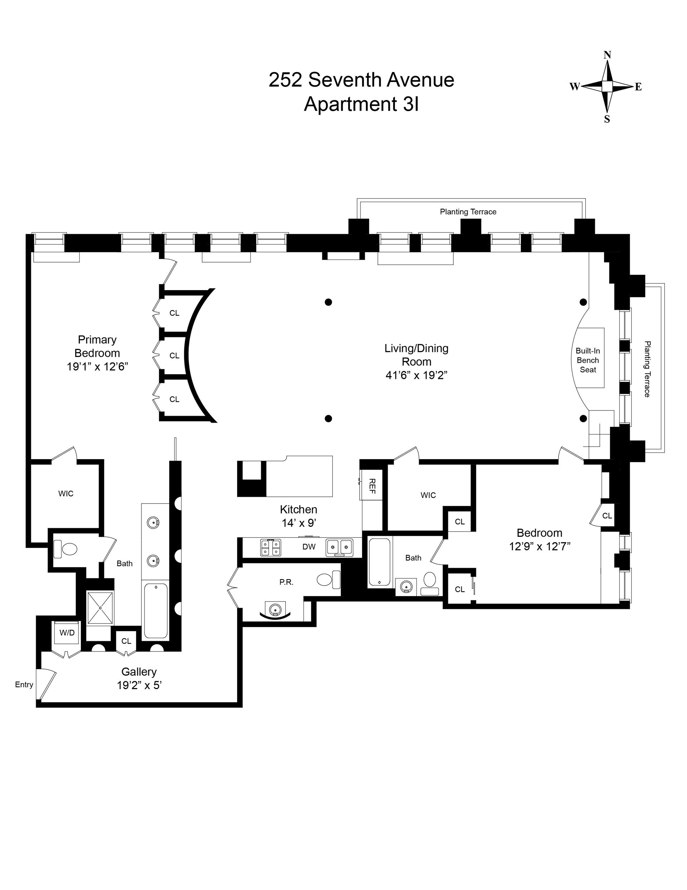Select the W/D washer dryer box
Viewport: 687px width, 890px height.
(x=67, y=632)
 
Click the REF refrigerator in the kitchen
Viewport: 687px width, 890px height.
(x=371, y=486)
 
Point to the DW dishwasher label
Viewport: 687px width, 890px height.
(x=309, y=547)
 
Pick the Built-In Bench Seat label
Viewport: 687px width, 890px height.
(x=588, y=360)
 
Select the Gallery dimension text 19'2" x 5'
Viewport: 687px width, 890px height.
(x=139, y=685)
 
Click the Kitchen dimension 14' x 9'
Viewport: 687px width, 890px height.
(x=299, y=523)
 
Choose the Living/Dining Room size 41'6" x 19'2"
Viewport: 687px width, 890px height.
(x=416, y=375)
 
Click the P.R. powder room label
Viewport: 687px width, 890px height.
(x=286, y=582)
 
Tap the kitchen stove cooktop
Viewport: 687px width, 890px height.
(x=271, y=547)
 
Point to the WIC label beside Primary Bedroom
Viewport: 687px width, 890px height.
(x=65, y=494)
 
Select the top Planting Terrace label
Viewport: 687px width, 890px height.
(x=468, y=212)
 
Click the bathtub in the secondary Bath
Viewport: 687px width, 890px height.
(x=380, y=562)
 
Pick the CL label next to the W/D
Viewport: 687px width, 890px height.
(x=126, y=641)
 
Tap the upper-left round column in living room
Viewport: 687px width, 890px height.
(x=328, y=302)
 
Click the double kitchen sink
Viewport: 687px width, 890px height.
(x=339, y=547)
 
